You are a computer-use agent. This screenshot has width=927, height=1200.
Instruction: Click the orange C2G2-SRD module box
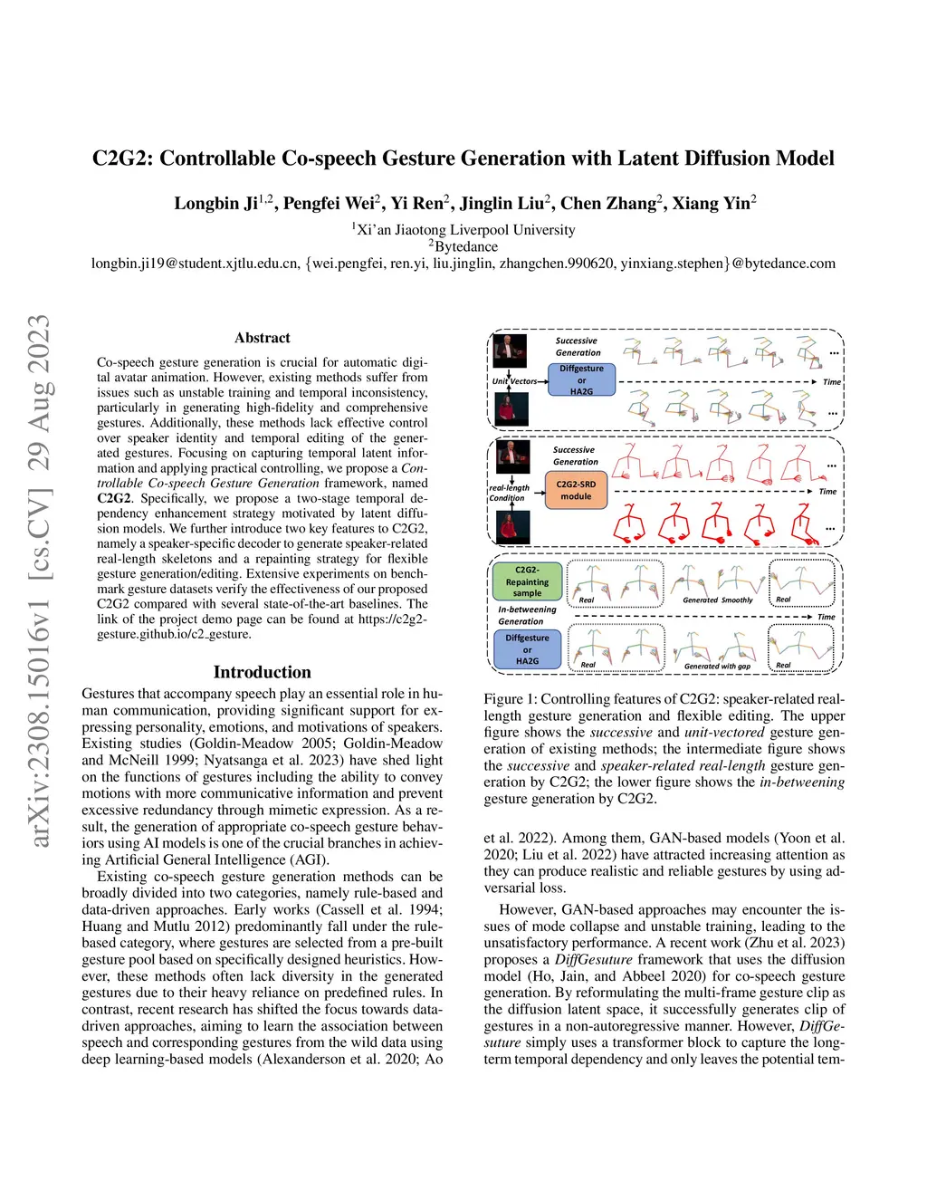(x=576, y=490)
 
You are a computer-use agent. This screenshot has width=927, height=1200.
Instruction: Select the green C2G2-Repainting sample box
(x=527, y=581)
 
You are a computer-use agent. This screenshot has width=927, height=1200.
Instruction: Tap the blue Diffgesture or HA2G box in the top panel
(x=581, y=380)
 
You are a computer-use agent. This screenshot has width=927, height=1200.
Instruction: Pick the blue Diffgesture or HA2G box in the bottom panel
(x=527, y=649)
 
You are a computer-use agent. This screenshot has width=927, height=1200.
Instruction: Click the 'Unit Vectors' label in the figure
(x=514, y=381)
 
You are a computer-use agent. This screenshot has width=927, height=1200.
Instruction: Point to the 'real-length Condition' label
(x=509, y=493)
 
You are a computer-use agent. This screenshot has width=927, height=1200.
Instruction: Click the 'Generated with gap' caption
(x=717, y=666)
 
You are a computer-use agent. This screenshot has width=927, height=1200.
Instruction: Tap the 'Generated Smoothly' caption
(x=717, y=600)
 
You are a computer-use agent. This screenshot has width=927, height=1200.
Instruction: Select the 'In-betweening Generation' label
(x=526, y=615)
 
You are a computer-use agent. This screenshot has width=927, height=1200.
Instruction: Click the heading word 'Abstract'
(x=263, y=338)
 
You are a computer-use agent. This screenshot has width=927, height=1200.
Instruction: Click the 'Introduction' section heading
(x=263, y=672)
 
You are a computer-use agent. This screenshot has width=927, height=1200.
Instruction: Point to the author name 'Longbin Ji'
(x=215, y=204)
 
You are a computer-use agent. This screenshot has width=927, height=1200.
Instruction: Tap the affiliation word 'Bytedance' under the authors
(x=466, y=246)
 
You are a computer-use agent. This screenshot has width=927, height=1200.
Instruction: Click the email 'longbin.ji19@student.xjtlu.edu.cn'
(x=196, y=264)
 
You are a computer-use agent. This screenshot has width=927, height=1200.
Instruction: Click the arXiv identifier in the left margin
(x=39, y=580)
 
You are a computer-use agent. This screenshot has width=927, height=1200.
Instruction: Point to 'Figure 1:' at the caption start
(x=503, y=699)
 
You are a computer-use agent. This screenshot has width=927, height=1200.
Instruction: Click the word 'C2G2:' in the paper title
(x=123, y=158)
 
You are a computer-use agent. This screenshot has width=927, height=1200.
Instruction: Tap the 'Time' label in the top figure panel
(x=831, y=382)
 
